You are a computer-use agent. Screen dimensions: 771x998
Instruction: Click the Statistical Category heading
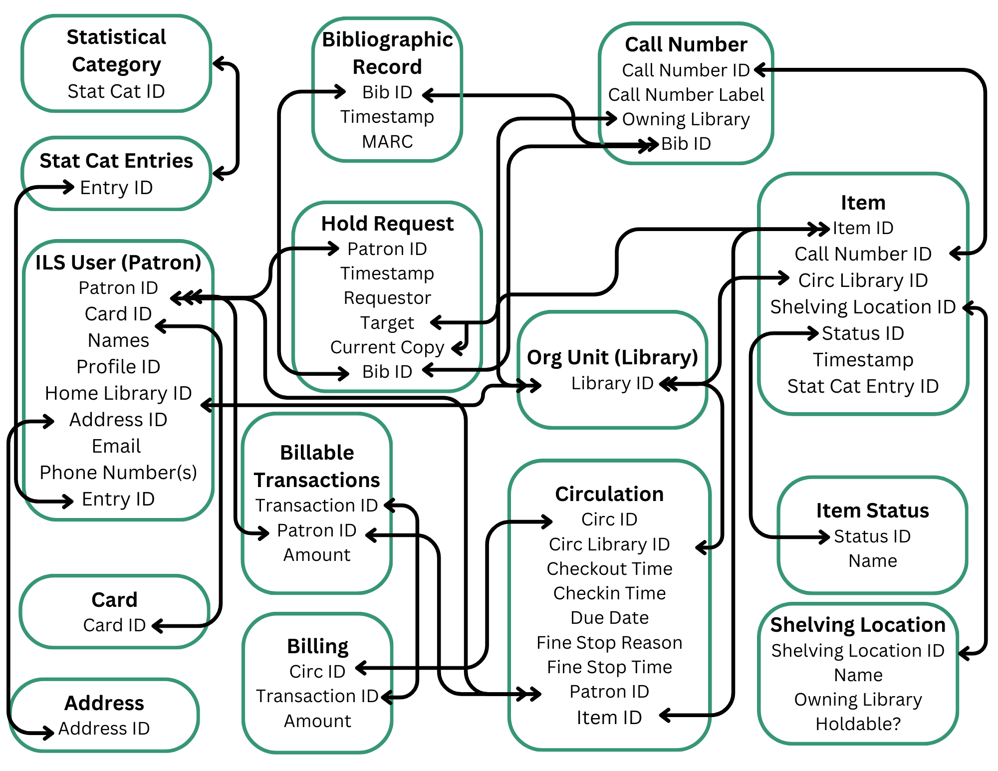116,50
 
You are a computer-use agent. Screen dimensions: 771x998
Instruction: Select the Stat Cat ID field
116,91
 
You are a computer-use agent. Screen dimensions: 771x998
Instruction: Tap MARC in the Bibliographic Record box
387,142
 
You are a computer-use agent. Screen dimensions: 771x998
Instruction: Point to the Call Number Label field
686,94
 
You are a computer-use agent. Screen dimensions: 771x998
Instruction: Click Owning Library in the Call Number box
686,119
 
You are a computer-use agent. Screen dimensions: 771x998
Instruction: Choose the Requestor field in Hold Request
387,298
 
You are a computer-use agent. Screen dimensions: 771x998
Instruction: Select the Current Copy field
387,347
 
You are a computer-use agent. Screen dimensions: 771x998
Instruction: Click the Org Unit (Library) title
612,357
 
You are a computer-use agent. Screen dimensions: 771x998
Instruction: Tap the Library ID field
612,383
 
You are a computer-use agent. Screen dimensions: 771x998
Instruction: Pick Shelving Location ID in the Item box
863,307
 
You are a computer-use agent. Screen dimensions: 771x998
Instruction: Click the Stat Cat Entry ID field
863,386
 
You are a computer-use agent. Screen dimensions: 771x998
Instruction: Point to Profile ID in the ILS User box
118,367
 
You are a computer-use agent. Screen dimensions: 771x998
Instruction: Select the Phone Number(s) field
118,473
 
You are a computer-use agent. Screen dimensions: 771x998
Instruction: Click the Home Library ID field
118,393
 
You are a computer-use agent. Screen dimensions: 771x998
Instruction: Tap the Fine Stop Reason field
609,643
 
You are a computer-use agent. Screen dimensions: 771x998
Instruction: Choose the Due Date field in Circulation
609,618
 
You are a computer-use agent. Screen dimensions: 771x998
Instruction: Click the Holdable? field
858,724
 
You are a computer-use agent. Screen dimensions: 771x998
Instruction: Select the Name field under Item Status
872,561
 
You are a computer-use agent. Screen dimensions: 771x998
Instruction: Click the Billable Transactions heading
317,466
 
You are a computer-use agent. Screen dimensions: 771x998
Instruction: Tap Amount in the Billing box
317,721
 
